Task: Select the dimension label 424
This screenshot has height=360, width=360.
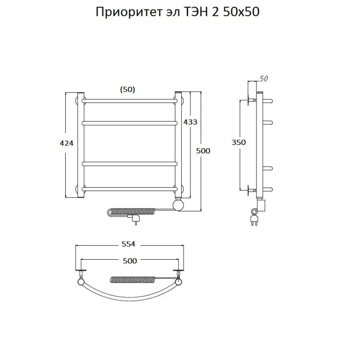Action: (x=66, y=143)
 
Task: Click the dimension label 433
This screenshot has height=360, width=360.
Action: (x=190, y=121)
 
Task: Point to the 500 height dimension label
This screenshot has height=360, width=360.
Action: (x=203, y=151)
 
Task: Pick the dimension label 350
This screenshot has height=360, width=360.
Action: (x=238, y=142)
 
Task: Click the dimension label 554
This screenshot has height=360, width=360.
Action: (x=128, y=244)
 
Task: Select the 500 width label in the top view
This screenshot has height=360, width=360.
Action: (x=129, y=261)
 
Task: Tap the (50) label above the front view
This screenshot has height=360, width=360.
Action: (x=127, y=89)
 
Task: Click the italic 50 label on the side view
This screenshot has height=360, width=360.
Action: (x=264, y=79)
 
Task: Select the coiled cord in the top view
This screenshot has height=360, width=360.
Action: (x=132, y=279)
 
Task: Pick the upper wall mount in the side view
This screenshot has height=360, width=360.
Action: (x=250, y=99)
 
